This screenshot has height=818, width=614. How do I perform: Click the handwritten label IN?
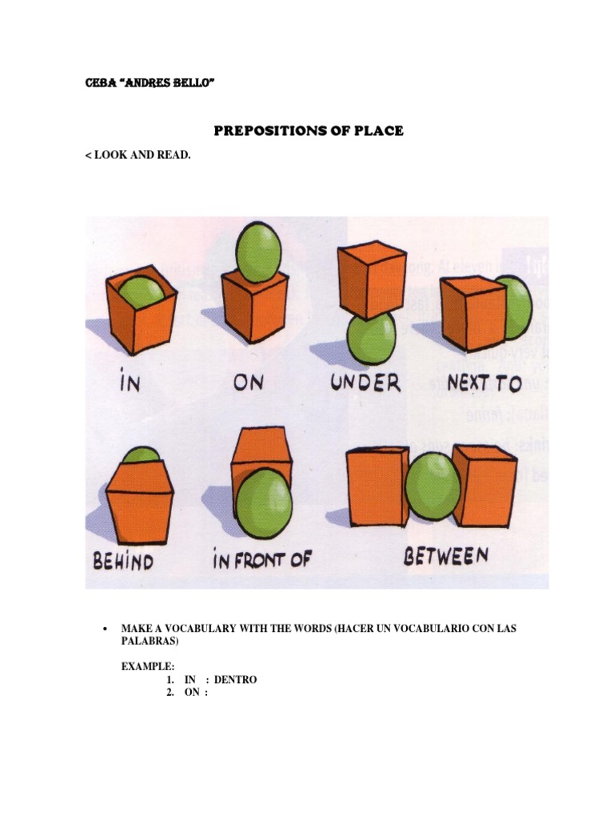click(130, 382)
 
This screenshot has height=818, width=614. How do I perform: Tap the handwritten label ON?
click(248, 382)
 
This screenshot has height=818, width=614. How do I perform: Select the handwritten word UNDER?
click(365, 382)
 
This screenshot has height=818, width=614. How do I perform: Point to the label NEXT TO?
click(484, 382)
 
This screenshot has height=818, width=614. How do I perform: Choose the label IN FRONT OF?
click(261, 559)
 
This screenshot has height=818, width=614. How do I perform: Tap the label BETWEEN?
click(445, 556)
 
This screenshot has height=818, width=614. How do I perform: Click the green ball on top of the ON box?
click(260, 252)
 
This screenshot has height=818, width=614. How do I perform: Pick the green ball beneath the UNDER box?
click(371, 338)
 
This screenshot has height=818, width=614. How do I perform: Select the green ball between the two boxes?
click(433, 486)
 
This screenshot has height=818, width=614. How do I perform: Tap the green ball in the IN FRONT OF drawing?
click(264, 502)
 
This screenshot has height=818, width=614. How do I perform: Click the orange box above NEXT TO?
click(473, 312)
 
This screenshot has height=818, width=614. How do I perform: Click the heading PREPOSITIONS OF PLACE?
click(306, 129)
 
